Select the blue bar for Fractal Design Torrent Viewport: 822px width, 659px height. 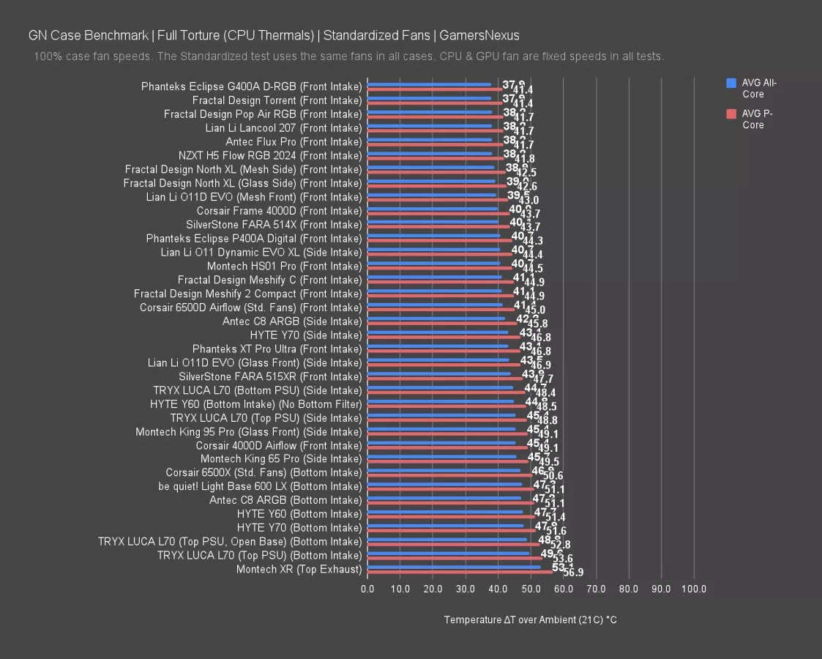tap(429, 97)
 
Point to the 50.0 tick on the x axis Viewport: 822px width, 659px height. tap(531, 589)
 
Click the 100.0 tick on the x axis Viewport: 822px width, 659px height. tap(694, 589)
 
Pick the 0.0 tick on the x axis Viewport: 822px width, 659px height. tap(367, 589)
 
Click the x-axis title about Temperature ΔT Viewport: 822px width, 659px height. tap(531, 620)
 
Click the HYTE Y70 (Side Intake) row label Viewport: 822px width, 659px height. tap(306, 335)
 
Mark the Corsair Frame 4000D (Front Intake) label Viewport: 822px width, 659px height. tap(279, 211)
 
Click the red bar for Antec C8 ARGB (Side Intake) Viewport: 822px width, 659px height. tap(442, 324)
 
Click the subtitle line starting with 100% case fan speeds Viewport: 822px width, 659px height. tap(348, 56)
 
